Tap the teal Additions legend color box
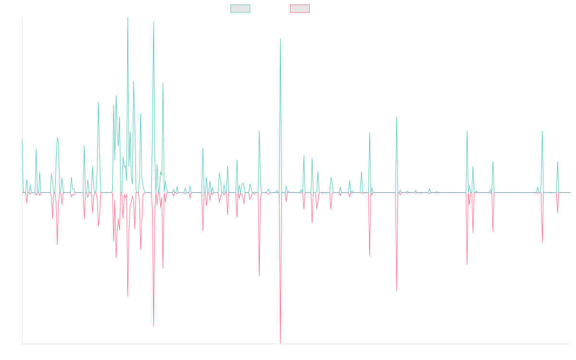point(240,9)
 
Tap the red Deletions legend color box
point(300,9)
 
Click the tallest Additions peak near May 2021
point(280,39)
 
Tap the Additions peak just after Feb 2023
point(396,117)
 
